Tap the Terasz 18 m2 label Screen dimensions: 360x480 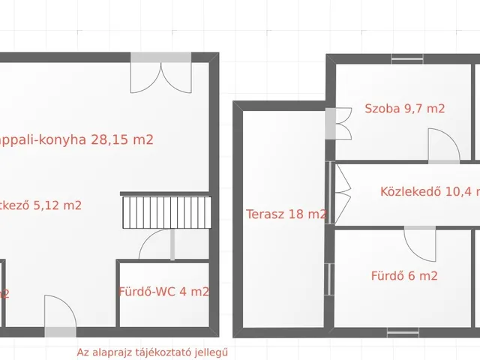click(x=286, y=214)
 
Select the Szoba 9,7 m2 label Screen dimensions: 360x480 click(x=404, y=109)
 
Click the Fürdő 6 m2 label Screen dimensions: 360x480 click(x=404, y=276)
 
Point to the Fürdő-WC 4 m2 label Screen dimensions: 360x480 click(x=163, y=292)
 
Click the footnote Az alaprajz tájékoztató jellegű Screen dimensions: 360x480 click(x=151, y=352)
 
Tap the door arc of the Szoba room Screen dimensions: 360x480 click(x=442, y=145)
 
